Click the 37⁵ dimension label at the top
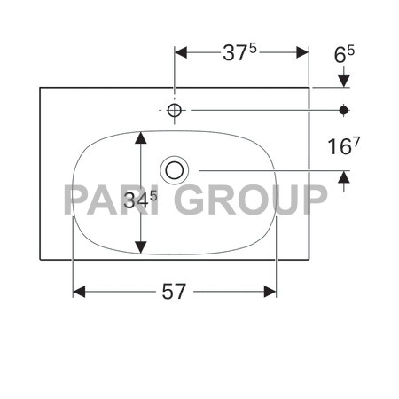(x=239, y=52)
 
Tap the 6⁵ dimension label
(x=344, y=54)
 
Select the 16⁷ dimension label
(x=344, y=146)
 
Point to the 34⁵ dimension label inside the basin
(x=140, y=199)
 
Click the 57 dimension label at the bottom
(x=174, y=292)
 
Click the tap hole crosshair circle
(x=175, y=110)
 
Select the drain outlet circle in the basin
(x=175, y=170)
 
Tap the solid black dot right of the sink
(x=343, y=110)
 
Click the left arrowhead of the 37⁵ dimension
(x=181, y=52)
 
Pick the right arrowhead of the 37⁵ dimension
(x=302, y=52)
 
